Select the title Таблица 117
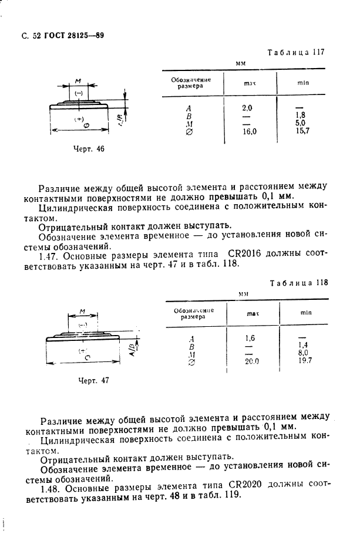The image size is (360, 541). (x=296, y=52)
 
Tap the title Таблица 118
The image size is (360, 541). (x=298, y=282)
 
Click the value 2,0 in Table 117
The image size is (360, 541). (x=247, y=108)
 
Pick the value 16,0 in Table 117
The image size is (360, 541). (x=250, y=131)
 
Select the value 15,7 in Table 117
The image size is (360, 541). (x=303, y=130)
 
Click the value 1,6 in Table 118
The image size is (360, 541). (x=250, y=339)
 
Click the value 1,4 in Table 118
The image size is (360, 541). (x=303, y=346)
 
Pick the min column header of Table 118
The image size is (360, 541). (x=305, y=312)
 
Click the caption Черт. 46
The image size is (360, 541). (x=89, y=149)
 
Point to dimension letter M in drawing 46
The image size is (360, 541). (x=79, y=82)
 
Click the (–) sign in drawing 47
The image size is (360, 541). (x=83, y=324)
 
